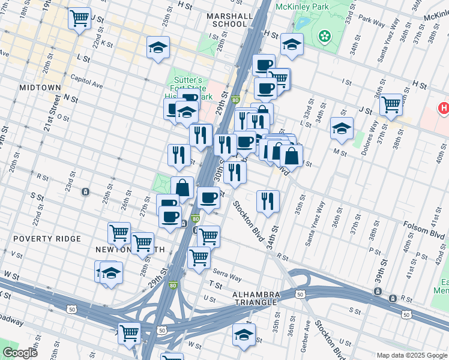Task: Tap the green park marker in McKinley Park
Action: [x=325, y=37]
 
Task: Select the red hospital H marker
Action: [x=443, y=109]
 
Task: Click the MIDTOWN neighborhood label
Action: [x=40, y=87]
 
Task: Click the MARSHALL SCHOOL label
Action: [x=226, y=20]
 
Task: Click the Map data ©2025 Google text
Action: [x=412, y=355]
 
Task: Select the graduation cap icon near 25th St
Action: [x=158, y=47]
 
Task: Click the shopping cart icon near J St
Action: [x=391, y=104]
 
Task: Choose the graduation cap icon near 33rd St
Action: [x=342, y=128]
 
